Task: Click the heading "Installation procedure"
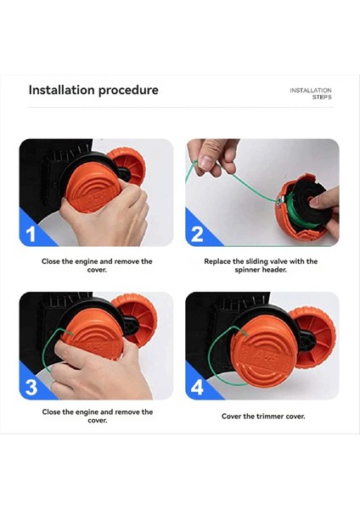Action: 93,90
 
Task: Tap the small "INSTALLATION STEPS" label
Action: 311,94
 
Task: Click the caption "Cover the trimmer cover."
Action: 263,417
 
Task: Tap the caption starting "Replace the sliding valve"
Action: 261,266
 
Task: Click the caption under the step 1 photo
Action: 97,266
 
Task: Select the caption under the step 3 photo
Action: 97,416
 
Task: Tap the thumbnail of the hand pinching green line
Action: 262,193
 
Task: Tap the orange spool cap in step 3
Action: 94,334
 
